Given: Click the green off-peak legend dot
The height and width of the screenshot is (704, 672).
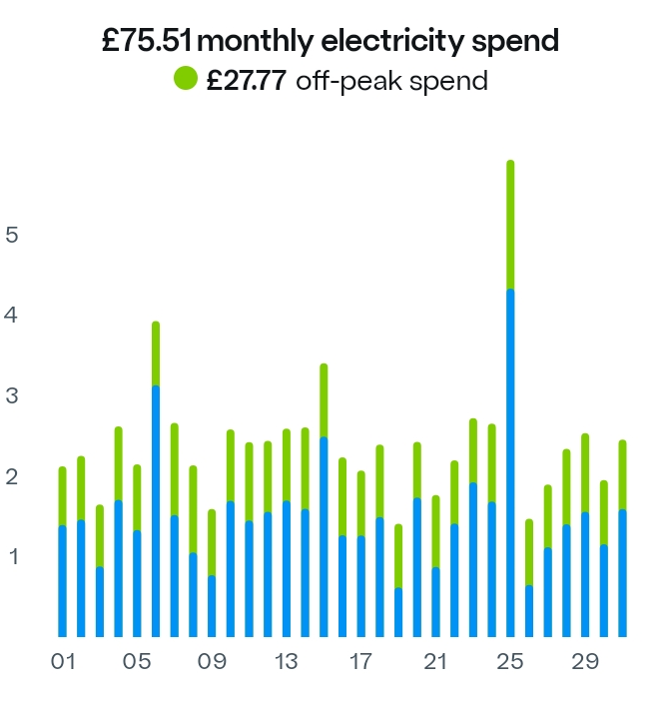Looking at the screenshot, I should pyautogui.click(x=187, y=79).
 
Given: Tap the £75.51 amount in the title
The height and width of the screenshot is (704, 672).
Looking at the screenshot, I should pyautogui.click(x=149, y=41).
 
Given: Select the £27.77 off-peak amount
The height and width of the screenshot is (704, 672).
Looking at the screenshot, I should pyautogui.click(x=246, y=80).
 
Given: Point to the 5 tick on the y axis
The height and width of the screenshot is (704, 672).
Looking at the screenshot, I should pyautogui.click(x=12, y=235).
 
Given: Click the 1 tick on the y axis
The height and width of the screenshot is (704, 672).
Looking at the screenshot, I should pyautogui.click(x=12, y=556).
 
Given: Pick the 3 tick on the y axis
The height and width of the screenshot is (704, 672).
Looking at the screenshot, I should pyautogui.click(x=12, y=395).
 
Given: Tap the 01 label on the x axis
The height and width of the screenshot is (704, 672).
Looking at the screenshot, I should pyautogui.click(x=63, y=661).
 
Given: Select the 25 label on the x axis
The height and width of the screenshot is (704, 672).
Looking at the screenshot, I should pyautogui.click(x=510, y=661).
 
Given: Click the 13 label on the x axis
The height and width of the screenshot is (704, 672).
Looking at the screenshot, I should pyautogui.click(x=287, y=661).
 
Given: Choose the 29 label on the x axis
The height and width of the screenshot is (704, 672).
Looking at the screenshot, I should pyautogui.click(x=585, y=661).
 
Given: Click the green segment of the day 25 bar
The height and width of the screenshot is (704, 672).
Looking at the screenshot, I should pyautogui.click(x=510, y=225).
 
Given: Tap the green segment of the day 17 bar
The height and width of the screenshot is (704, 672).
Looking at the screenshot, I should pyautogui.click(x=361, y=504).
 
